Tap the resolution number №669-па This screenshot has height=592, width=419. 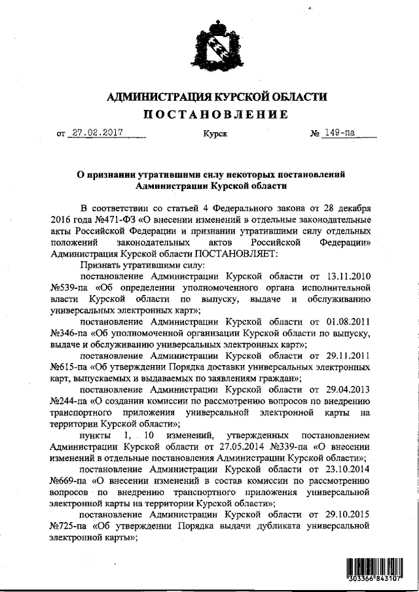pos(71,480)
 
